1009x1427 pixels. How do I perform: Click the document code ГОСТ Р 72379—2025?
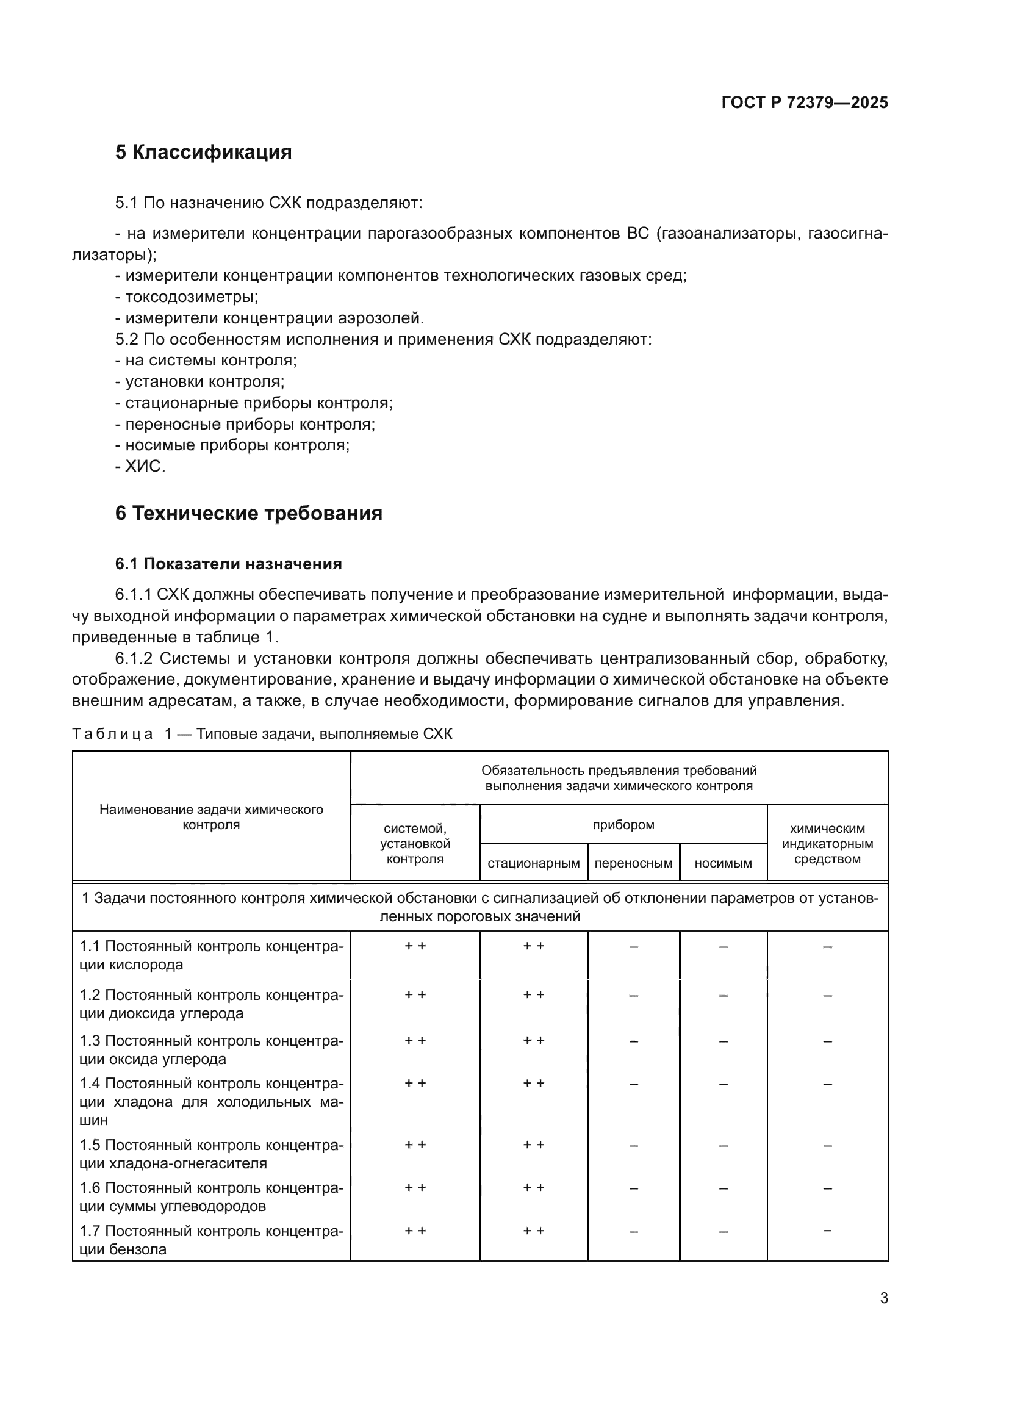804,103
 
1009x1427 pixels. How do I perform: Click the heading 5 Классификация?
203,153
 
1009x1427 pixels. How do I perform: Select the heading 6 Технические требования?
248,513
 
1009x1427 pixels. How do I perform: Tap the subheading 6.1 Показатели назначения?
228,564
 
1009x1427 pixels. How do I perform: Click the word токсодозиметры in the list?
191,297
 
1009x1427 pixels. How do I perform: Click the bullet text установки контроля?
204,381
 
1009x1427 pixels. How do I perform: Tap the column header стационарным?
533,863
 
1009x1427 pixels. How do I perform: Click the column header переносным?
633,863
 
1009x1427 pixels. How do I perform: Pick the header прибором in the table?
623,825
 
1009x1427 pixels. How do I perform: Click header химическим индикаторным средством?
827,843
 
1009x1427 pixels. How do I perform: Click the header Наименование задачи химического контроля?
211,818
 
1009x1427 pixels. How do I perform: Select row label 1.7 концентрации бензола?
211,1240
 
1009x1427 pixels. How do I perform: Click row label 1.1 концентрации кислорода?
211,955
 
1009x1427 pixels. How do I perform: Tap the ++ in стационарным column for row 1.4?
533,1084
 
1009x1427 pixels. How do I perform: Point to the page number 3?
883,1298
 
